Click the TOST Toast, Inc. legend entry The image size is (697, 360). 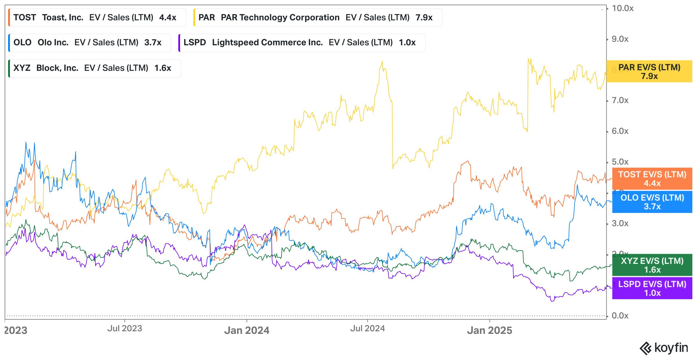coord(97,17)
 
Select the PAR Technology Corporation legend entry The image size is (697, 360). coord(318,17)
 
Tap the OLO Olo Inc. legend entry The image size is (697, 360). coord(89,43)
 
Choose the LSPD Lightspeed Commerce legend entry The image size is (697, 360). coord(302,43)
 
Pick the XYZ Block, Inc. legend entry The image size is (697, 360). coord(94,68)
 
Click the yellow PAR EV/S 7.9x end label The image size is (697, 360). coord(649,71)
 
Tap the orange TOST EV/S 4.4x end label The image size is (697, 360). coord(652,179)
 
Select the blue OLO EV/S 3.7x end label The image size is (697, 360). coord(652,202)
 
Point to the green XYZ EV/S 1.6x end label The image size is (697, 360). coord(652,265)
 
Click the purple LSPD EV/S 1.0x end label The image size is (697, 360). coord(652,288)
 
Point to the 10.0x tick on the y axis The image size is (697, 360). coord(622,8)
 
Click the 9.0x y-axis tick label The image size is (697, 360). coord(620,39)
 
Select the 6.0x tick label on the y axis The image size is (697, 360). coord(620,131)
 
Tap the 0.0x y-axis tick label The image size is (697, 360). coord(620,316)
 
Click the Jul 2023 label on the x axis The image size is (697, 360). coord(125,328)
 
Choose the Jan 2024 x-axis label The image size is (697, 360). coord(247,330)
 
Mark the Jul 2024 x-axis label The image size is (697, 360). coord(367,328)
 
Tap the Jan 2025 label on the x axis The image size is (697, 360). coord(489,330)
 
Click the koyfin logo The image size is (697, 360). coord(664,348)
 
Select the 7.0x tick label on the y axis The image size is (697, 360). coord(620,100)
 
